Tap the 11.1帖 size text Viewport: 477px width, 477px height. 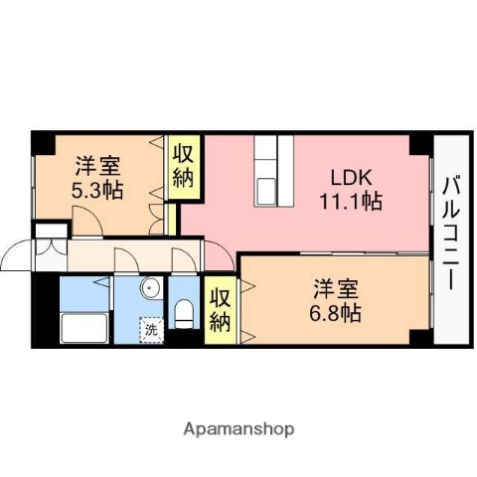click(351, 201)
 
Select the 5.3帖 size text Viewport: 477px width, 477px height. click(98, 189)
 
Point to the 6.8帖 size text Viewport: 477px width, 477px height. click(336, 312)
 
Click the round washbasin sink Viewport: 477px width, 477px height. click(148, 290)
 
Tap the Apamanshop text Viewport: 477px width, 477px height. click(238, 430)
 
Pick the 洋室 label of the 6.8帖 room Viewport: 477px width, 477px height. click(336, 289)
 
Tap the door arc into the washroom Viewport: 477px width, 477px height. click(127, 260)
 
